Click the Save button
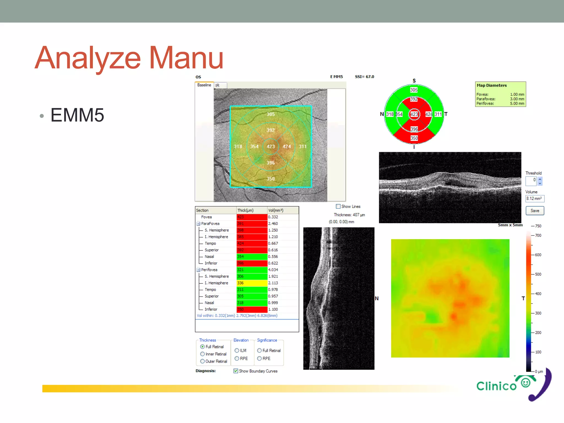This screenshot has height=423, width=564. [x=535, y=211]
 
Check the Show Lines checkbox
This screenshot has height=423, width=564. [x=338, y=206]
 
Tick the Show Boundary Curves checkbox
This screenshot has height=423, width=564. [x=236, y=371]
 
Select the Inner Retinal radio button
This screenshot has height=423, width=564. [x=202, y=354]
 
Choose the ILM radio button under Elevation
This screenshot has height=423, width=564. [x=237, y=350]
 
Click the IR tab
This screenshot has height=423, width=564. [x=218, y=86]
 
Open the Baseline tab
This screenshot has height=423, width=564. [x=204, y=85]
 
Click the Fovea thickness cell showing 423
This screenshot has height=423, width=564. [x=252, y=217]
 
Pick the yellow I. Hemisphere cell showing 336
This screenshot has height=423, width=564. [x=252, y=283]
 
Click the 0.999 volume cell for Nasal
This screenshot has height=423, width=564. [x=273, y=303]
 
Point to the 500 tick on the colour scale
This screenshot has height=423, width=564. [x=538, y=274]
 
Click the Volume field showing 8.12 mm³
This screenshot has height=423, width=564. [x=534, y=199]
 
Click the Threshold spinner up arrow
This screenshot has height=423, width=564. [x=540, y=179]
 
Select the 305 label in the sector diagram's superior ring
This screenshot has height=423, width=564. [x=414, y=90]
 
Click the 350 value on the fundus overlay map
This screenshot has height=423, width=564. [x=271, y=179]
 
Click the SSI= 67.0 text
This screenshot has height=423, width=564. [x=364, y=77]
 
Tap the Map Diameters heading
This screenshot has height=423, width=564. [x=492, y=85]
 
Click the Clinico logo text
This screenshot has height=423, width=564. [x=496, y=386]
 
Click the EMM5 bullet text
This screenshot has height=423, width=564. [x=77, y=115]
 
